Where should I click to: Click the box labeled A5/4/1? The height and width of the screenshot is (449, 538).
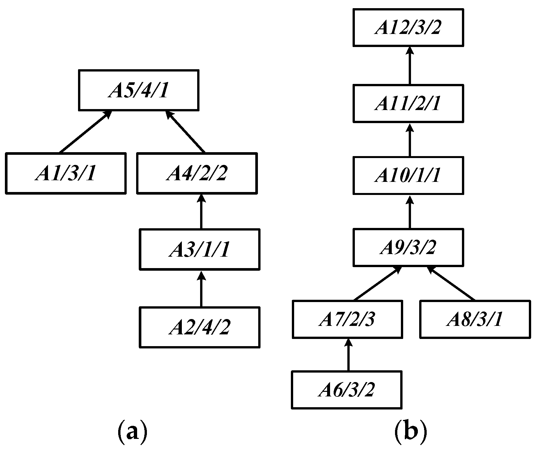pos(138,90)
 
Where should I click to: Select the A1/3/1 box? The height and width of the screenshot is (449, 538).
pos(66,173)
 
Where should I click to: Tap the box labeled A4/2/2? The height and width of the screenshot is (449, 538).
pos(197,173)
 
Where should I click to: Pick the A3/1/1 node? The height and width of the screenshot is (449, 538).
pos(200,249)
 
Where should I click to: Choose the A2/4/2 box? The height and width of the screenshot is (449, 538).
pos(200,327)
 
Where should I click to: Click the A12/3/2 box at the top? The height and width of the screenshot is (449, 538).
pos(408,27)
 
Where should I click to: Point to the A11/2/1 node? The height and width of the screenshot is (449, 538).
pos(408,104)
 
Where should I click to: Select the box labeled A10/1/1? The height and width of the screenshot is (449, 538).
pos(408,175)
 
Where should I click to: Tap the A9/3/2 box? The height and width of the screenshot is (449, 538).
pos(408,247)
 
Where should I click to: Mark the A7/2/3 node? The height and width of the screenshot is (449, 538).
pos(347,319)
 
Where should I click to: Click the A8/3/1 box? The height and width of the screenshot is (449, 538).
pos(475,319)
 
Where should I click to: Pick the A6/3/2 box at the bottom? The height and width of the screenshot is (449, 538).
pos(346,390)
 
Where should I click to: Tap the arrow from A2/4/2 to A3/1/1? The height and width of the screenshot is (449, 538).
pos(201,289)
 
